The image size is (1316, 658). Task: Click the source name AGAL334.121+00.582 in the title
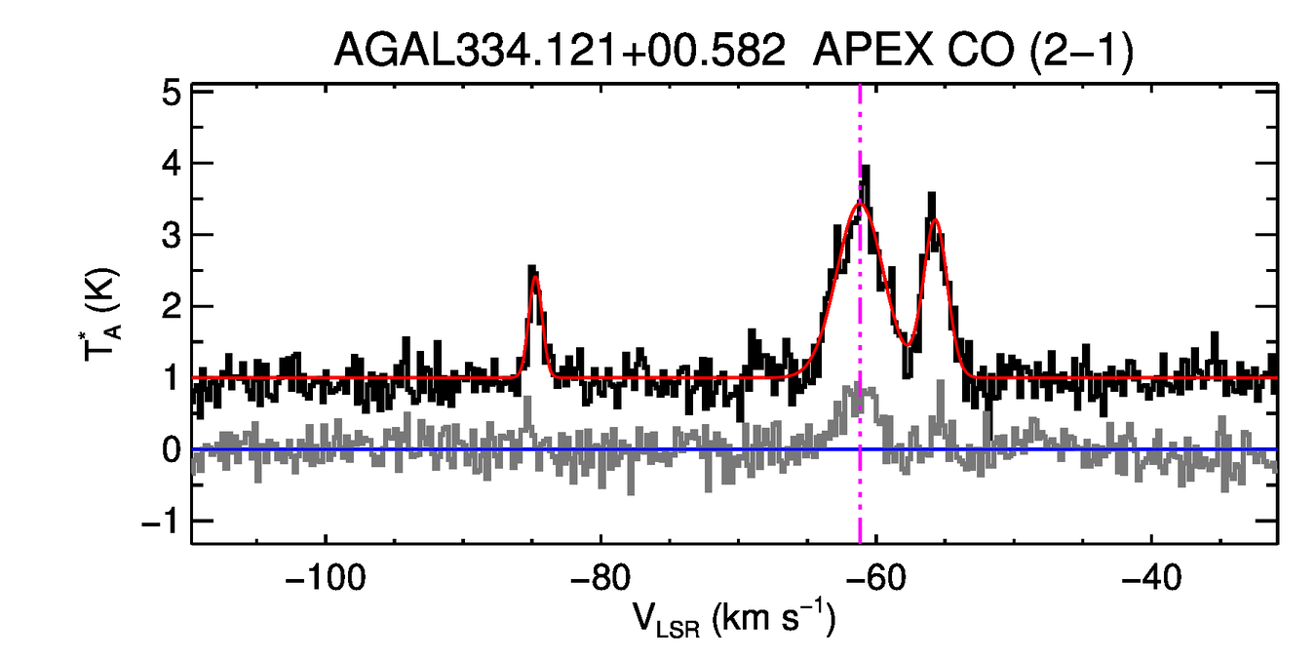(x=560, y=51)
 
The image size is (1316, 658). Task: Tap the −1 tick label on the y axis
(x=162, y=522)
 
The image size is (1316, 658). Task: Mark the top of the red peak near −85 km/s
(x=535, y=277)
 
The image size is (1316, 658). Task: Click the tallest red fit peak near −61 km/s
(x=860, y=203)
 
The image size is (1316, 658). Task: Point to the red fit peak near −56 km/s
(x=935, y=220)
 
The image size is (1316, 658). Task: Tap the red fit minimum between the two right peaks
(x=908, y=345)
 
